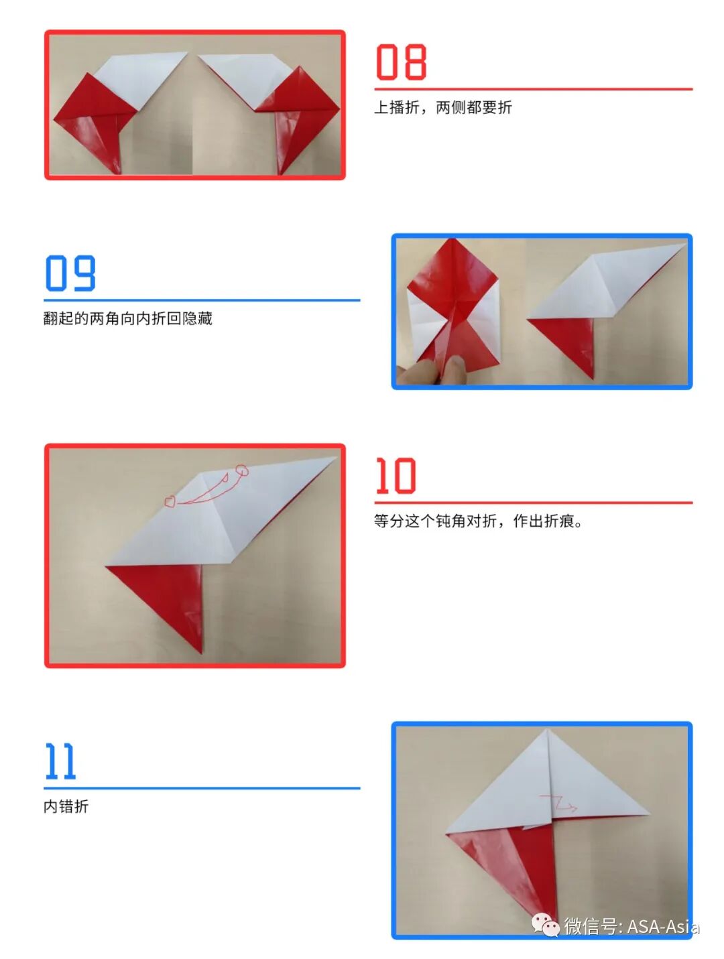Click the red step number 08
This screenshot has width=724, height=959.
pyautogui.click(x=401, y=62)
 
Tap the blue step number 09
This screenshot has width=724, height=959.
pyautogui.click(x=70, y=273)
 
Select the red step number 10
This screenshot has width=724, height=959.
pyautogui.click(x=396, y=475)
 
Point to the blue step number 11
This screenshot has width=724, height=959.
pyautogui.click(x=60, y=761)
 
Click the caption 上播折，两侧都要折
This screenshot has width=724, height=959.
pyautogui.click(x=442, y=107)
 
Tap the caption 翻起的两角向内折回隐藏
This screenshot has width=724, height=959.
pyautogui.click(x=127, y=318)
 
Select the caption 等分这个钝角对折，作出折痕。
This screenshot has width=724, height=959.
pyautogui.click(x=479, y=521)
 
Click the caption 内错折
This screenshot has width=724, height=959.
pyautogui.click(x=66, y=806)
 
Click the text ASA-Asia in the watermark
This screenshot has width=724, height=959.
pyautogui.click(x=663, y=926)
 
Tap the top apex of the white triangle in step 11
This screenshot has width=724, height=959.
pyautogui.click(x=546, y=729)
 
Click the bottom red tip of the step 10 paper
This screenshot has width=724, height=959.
pyautogui.click(x=201, y=653)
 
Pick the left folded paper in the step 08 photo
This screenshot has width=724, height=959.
pyautogui.click(x=120, y=113)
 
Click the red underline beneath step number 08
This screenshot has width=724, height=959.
pyautogui.click(x=533, y=89)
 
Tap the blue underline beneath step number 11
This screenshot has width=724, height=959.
pyautogui.click(x=202, y=788)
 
